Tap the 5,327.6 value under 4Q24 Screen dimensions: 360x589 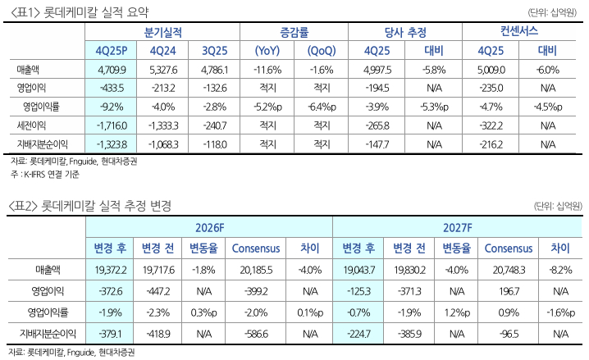(x=165, y=70)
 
